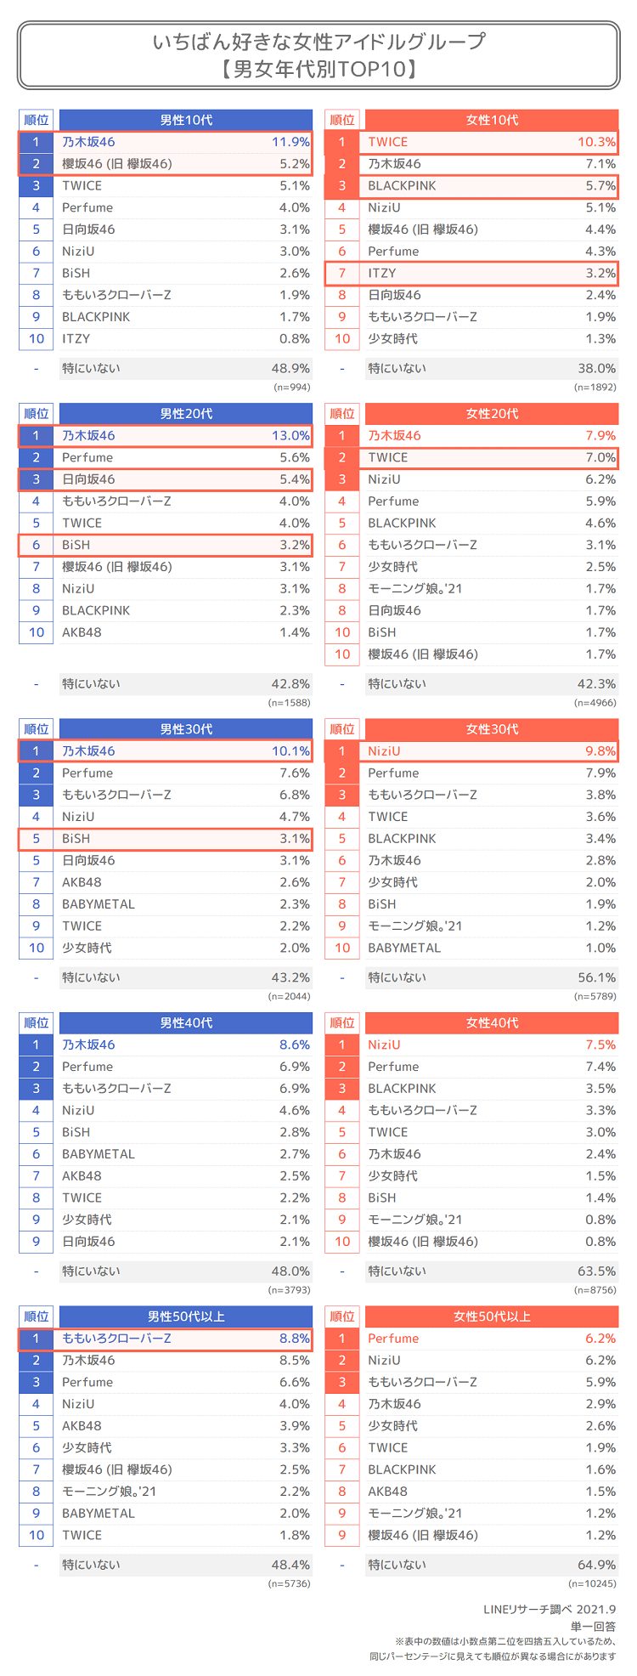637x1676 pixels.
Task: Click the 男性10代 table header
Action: pos(185,120)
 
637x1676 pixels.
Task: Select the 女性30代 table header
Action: pos(492,729)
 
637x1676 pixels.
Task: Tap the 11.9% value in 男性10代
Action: pos(290,142)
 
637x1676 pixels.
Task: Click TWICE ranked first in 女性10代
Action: pos(387,142)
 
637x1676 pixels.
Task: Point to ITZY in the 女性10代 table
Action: pos(381,273)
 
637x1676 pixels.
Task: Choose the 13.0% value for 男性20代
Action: pos(290,435)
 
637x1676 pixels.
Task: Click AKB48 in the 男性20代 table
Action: pos(82,632)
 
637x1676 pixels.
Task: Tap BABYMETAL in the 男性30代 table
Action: pos(98,904)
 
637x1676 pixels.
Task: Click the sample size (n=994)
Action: pos(292,387)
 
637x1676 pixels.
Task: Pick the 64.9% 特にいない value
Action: pos(597,1565)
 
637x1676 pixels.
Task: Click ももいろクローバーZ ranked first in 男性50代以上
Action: pos(116,1339)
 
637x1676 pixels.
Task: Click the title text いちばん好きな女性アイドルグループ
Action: pos(318,42)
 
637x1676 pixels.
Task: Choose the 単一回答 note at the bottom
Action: pos(595,1626)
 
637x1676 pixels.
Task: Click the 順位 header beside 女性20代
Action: pos(342,414)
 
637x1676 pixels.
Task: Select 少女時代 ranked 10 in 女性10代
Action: pos(392,338)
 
